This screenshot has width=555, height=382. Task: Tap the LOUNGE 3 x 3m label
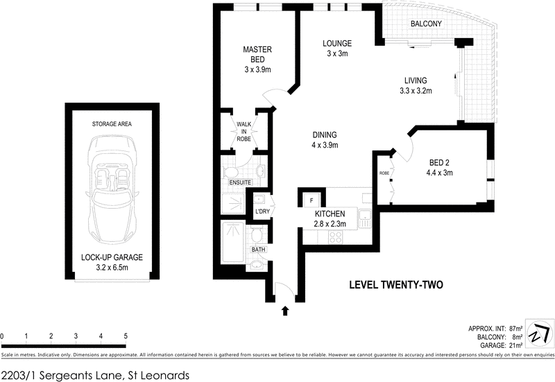[337, 49]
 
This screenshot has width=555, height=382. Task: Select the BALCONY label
[426, 24]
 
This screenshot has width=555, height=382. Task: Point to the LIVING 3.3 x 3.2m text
[416, 85]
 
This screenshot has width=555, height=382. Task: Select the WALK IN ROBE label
[244, 132]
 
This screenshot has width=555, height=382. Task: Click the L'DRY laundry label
[262, 210]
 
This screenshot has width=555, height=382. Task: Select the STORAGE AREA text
[112, 124]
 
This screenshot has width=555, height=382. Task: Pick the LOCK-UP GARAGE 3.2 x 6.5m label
[112, 261]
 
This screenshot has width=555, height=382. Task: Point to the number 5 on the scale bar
[126, 336]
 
